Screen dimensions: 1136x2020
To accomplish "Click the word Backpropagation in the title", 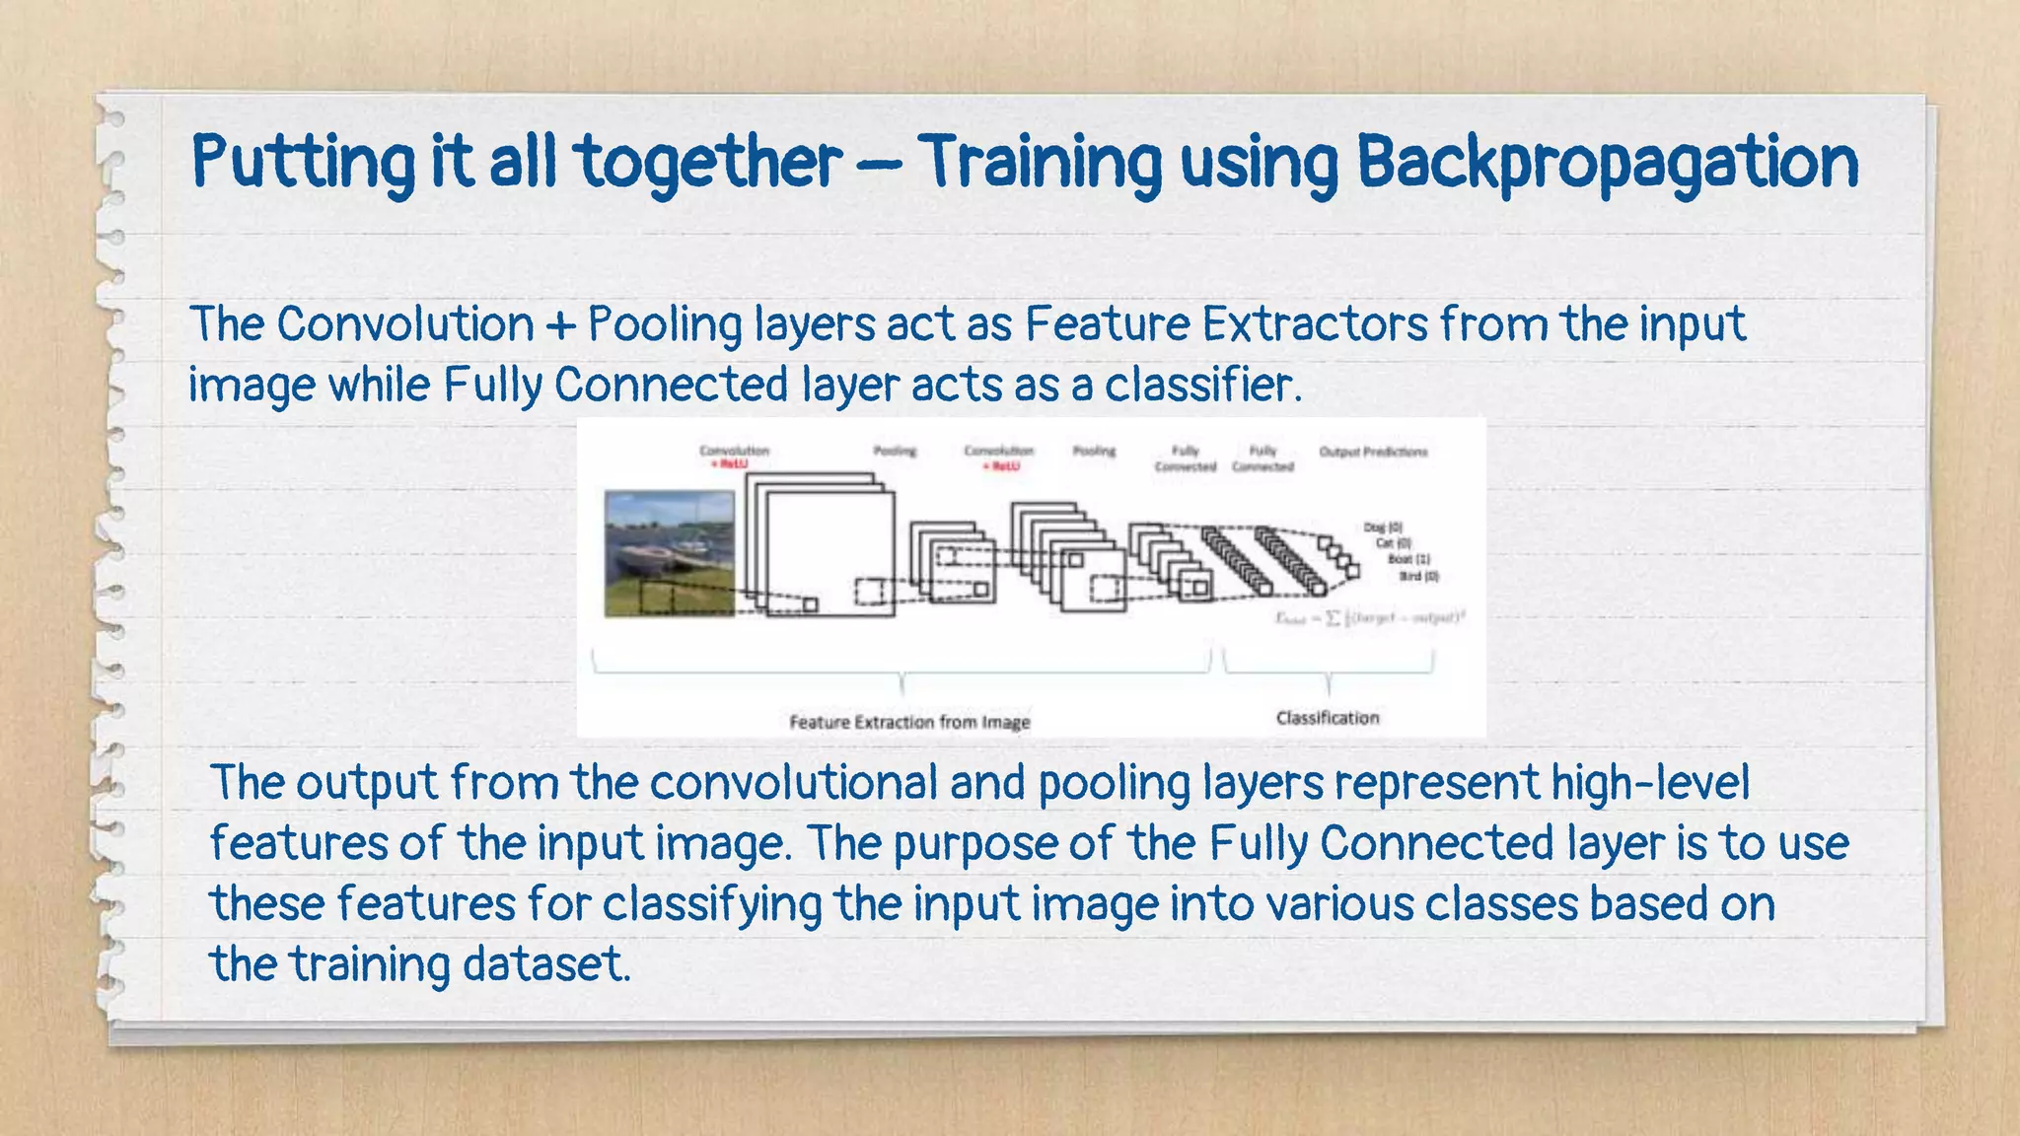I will (1608, 163).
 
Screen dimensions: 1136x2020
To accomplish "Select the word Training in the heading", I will (1041, 163).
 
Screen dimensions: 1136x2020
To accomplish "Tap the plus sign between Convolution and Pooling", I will (560, 325).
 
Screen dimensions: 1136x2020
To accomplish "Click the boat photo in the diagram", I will (669, 554).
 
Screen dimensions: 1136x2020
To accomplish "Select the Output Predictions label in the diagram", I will (1373, 452).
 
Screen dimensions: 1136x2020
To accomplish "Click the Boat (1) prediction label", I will (1408, 559).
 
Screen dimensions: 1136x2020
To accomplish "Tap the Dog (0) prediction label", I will (1383, 528).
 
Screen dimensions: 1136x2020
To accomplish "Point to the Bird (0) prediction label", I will (1418, 576).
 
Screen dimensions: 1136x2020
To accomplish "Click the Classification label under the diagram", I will (1328, 718).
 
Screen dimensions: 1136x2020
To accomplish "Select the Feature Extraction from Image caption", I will (909, 722).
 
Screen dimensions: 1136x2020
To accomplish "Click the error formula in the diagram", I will (1369, 618).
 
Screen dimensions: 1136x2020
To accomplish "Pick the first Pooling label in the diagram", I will (895, 451).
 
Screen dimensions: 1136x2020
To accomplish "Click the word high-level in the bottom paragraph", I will (1650, 783).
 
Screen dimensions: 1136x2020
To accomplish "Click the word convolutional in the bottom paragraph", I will (793, 783).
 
